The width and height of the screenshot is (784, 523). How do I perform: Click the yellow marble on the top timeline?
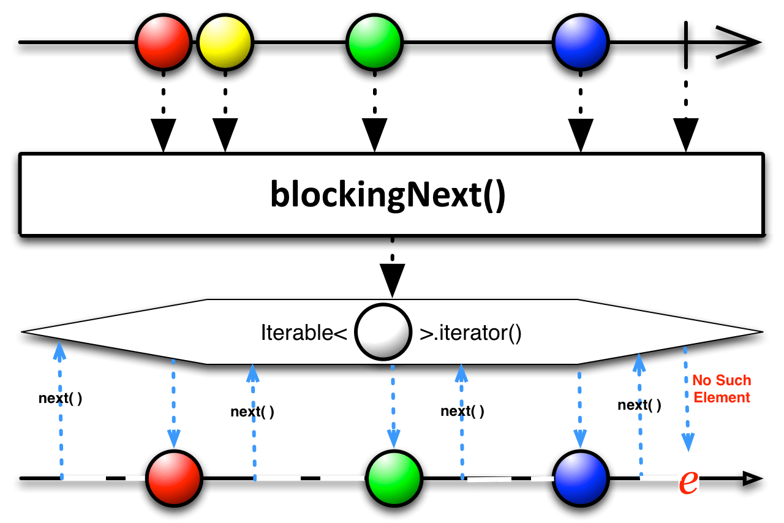(x=225, y=43)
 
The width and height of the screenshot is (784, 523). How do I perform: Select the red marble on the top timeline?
(x=164, y=43)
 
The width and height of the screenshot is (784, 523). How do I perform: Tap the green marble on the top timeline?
(x=374, y=43)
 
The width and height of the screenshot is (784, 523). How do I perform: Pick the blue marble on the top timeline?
(x=580, y=43)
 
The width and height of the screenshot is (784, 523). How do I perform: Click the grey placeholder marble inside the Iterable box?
(x=383, y=334)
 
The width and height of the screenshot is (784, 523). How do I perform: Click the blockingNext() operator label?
(x=388, y=195)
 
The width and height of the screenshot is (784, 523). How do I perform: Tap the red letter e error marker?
(x=688, y=481)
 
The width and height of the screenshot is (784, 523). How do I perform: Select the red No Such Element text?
(x=722, y=389)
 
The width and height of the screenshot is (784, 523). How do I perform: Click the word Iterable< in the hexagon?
(x=304, y=335)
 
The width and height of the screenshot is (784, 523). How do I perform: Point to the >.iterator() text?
(x=470, y=335)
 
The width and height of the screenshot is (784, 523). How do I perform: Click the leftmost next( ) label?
(x=60, y=398)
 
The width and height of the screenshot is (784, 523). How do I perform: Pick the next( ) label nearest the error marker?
(x=639, y=405)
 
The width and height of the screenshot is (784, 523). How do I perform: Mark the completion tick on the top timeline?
(x=686, y=43)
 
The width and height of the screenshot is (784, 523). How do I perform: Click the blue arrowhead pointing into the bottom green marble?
(x=393, y=438)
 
